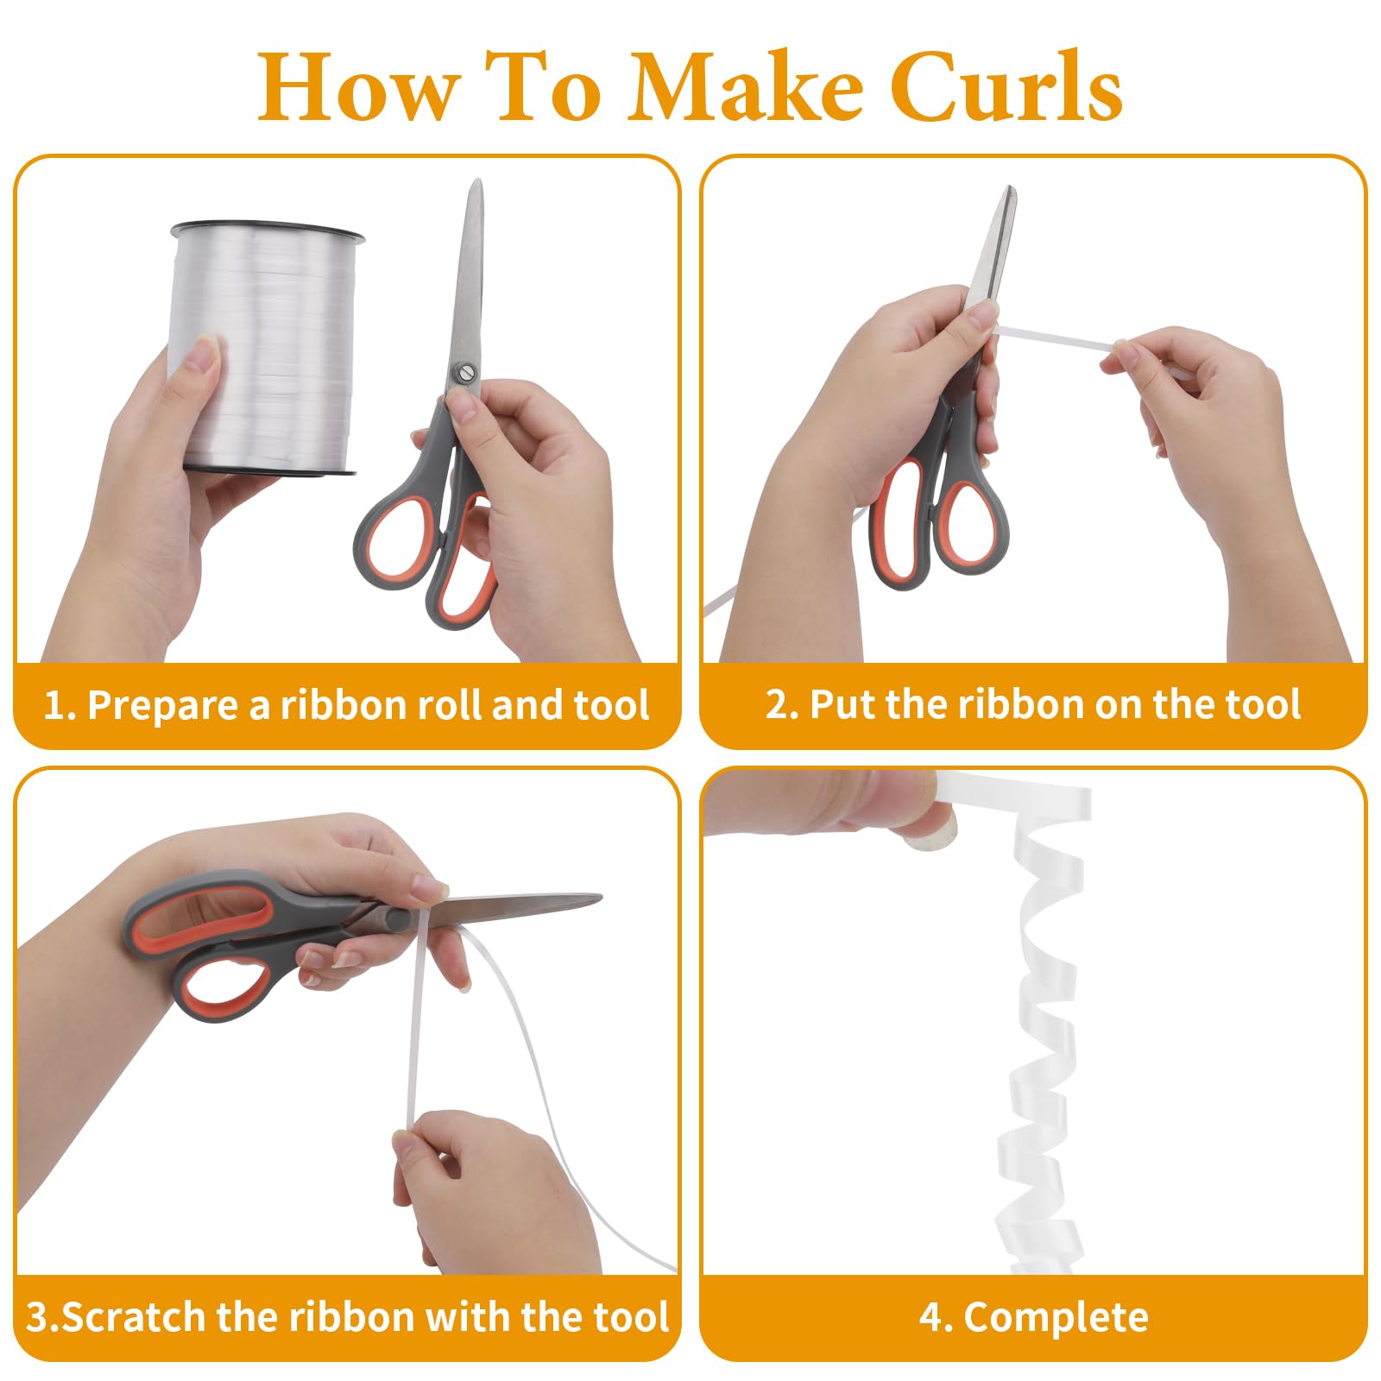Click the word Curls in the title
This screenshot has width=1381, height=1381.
pyautogui.click(x=1006, y=86)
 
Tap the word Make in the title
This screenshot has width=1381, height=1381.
pyautogui.click(x=745, y=86)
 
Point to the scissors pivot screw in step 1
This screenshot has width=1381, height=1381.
pyautogui.click(x=465, y=372)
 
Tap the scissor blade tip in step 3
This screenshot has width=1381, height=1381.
pyautogui.click(x=599, y=899)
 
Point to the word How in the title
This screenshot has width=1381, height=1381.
pyautogui.click(x=356, y=86)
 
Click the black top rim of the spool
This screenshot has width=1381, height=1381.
pyautogui.click(x=268, y=230)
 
